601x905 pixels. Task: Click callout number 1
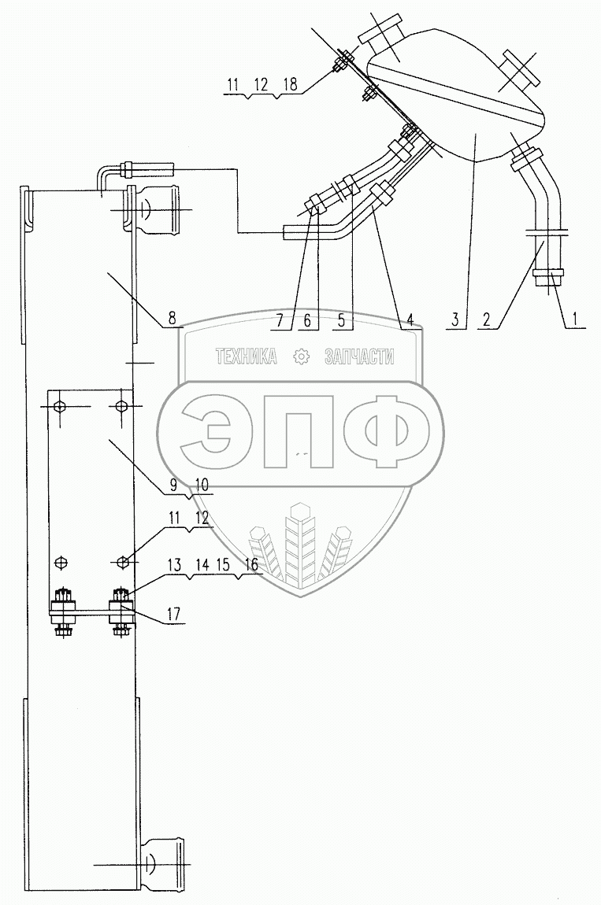pyautogui.click(x=575, y=318)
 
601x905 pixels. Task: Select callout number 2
pyautogui.click(x=487, y=319)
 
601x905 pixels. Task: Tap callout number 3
pyautogui.click(x=456, y=319)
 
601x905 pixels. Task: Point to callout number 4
pyautogui.click(x=410, y=319)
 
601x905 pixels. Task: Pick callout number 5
pyautogui.click(x=342, y=319)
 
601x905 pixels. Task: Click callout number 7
pyautogui.click(x=280, y=319)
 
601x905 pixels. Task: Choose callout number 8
pyautogui.click(x=172, y=317)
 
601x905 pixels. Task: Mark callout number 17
pyautogui.click(x=173, y=614)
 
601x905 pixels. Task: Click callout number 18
pyautogui.click(x=290, y=84)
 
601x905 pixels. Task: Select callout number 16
pyautogui.click(x=251, y=564)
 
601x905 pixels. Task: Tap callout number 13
pyautogui.click(x=175, y=564)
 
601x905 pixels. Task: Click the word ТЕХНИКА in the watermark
pyautogui.click(x=247, y=356)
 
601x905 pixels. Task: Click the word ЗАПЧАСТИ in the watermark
pyautogui.click(x=359, y=356)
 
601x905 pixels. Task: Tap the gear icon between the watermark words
pyautogui.click(x=301, y=357)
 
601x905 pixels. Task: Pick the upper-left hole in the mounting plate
pyautogui.click(x=58, y=406)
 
